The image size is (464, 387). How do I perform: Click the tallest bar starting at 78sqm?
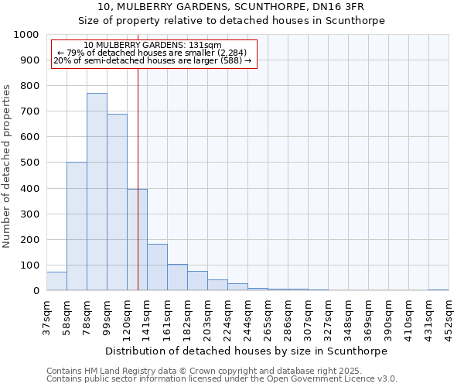coord(97,192)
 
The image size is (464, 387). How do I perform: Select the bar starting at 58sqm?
coord(77,226)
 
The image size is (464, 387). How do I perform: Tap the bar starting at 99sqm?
coord(117,202)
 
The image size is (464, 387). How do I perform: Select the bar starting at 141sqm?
coord(157,268)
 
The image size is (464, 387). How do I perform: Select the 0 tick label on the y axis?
coord(36,291)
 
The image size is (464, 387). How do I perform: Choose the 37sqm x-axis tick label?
coord(46,317)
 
